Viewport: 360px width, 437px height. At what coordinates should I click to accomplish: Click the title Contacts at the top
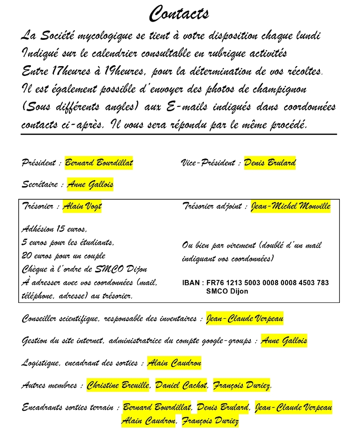179,14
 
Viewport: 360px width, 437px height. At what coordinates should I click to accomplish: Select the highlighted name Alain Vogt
82,206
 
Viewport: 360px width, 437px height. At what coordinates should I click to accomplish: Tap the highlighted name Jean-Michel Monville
291,206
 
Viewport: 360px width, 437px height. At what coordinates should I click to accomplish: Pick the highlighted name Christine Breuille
118,385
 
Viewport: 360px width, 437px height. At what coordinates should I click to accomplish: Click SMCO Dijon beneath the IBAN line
227,291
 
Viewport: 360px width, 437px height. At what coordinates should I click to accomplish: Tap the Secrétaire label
41,185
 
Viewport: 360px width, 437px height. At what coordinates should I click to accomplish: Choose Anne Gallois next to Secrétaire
90,185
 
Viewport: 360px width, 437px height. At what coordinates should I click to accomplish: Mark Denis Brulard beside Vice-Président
270,163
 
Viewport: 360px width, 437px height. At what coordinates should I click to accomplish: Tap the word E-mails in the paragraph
185,107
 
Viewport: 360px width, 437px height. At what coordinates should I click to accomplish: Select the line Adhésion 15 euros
54,229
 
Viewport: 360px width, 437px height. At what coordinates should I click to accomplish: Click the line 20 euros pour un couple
63,256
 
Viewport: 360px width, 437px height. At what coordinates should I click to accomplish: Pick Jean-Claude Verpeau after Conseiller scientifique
245,319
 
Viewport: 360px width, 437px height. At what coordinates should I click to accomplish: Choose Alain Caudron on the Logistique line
174,362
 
